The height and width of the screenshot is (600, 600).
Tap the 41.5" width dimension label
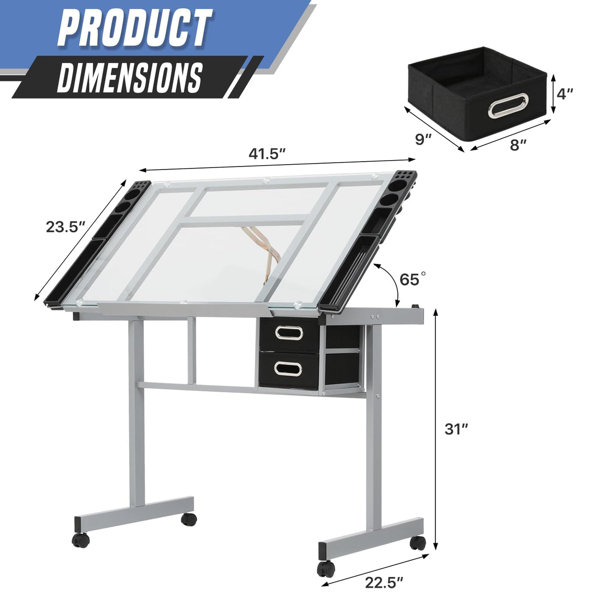(267, 154)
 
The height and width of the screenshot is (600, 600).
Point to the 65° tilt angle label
(413, 279)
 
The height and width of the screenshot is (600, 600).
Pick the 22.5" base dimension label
(385, 583)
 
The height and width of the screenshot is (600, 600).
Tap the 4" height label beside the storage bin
(564, 94)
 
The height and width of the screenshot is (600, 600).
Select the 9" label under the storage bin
(424, 139)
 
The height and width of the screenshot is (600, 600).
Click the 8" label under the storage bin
(517, 145)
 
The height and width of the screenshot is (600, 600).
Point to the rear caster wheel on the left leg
(188, 518)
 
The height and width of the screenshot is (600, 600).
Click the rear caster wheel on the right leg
(418, 543)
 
